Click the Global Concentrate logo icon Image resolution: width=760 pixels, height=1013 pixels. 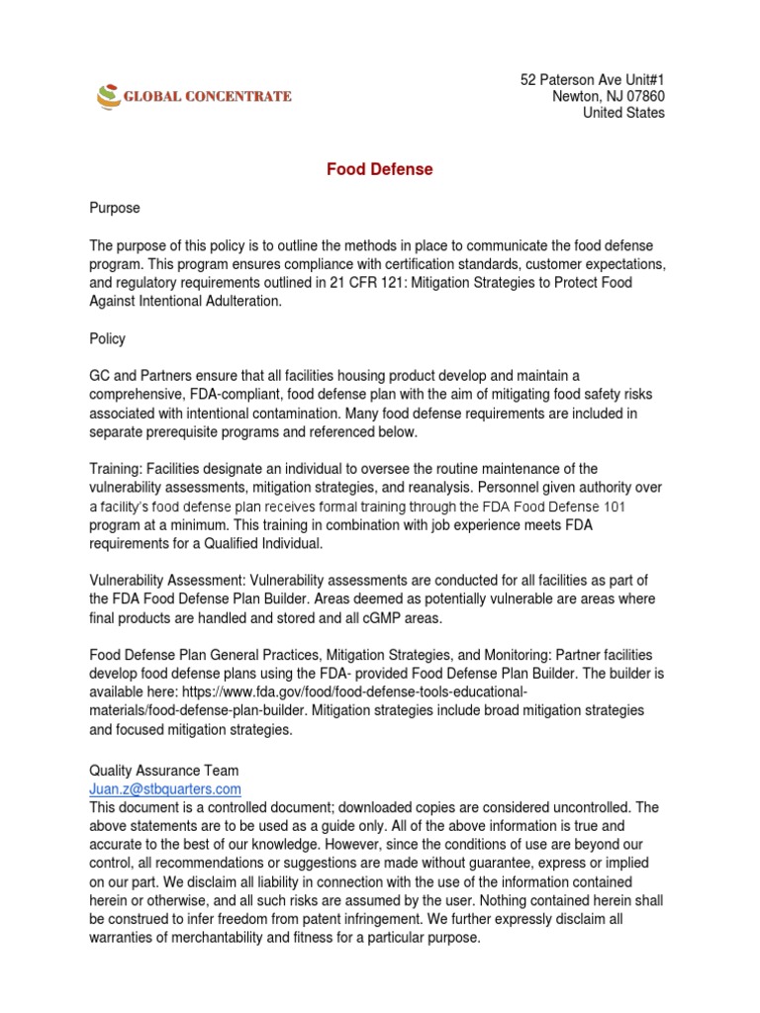(x=107, y=96)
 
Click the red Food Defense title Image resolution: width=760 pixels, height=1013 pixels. (x=380, y=169)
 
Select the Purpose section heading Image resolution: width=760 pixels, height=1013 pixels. (x=115, y=209)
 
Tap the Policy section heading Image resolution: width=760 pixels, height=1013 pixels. (x=108, y=338)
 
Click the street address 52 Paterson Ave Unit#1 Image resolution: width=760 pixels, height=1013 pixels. (x=593, y=79)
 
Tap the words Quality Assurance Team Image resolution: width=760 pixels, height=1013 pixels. (x=163, y=770)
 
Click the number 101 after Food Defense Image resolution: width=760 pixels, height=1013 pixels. (x=639, y=506)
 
